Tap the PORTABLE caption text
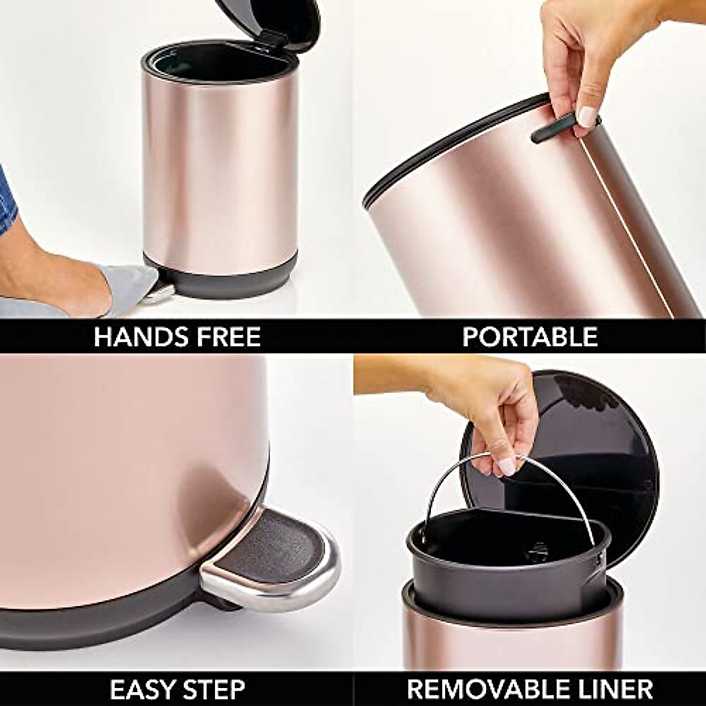coord(529,337)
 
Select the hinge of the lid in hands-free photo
coord(274,39)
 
